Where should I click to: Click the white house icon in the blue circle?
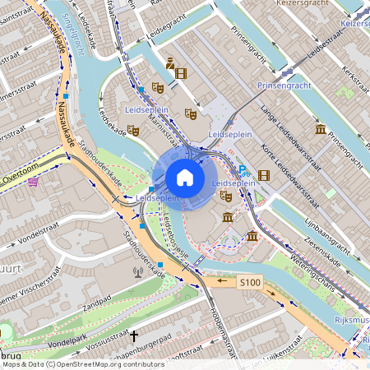185,178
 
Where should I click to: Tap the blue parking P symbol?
243,170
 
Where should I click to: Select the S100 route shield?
250,282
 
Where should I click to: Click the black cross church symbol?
134,336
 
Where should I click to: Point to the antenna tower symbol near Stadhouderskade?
138,271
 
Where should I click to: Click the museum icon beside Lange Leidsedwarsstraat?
320,129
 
